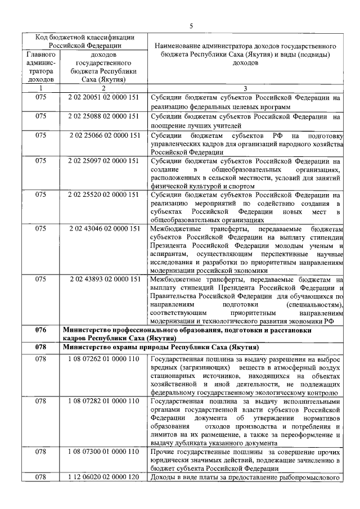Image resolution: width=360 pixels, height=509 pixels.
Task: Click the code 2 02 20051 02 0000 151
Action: click(x=102, y=97)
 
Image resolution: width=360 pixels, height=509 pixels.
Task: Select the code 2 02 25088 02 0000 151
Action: click(x=102, y=116)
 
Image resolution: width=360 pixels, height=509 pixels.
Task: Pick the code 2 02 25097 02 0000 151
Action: click(x=102, y=161)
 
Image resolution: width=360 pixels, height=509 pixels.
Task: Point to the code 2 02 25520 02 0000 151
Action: click(x=102, y=195)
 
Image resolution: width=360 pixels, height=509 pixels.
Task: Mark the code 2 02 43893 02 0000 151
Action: click(x=104, y=279)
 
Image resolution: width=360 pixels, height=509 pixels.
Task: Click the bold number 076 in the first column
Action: click(x=40, y=330)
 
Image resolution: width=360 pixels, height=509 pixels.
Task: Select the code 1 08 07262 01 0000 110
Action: click(x=102, y=358)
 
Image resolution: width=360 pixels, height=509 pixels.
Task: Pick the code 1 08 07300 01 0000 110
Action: click(x=102, y=452)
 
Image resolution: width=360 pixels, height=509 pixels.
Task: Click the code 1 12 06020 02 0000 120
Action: click(x=102, y=478)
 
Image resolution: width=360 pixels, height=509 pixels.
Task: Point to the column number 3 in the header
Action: click(x=245, y=88)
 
